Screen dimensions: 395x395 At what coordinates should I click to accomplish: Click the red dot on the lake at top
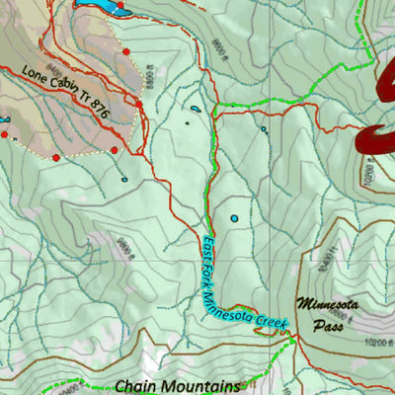(x=120, y=6)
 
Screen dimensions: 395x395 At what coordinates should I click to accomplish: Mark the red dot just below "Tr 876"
(x=114, y=150)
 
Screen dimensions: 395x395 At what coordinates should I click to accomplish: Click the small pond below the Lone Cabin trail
(x=123, y=179)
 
